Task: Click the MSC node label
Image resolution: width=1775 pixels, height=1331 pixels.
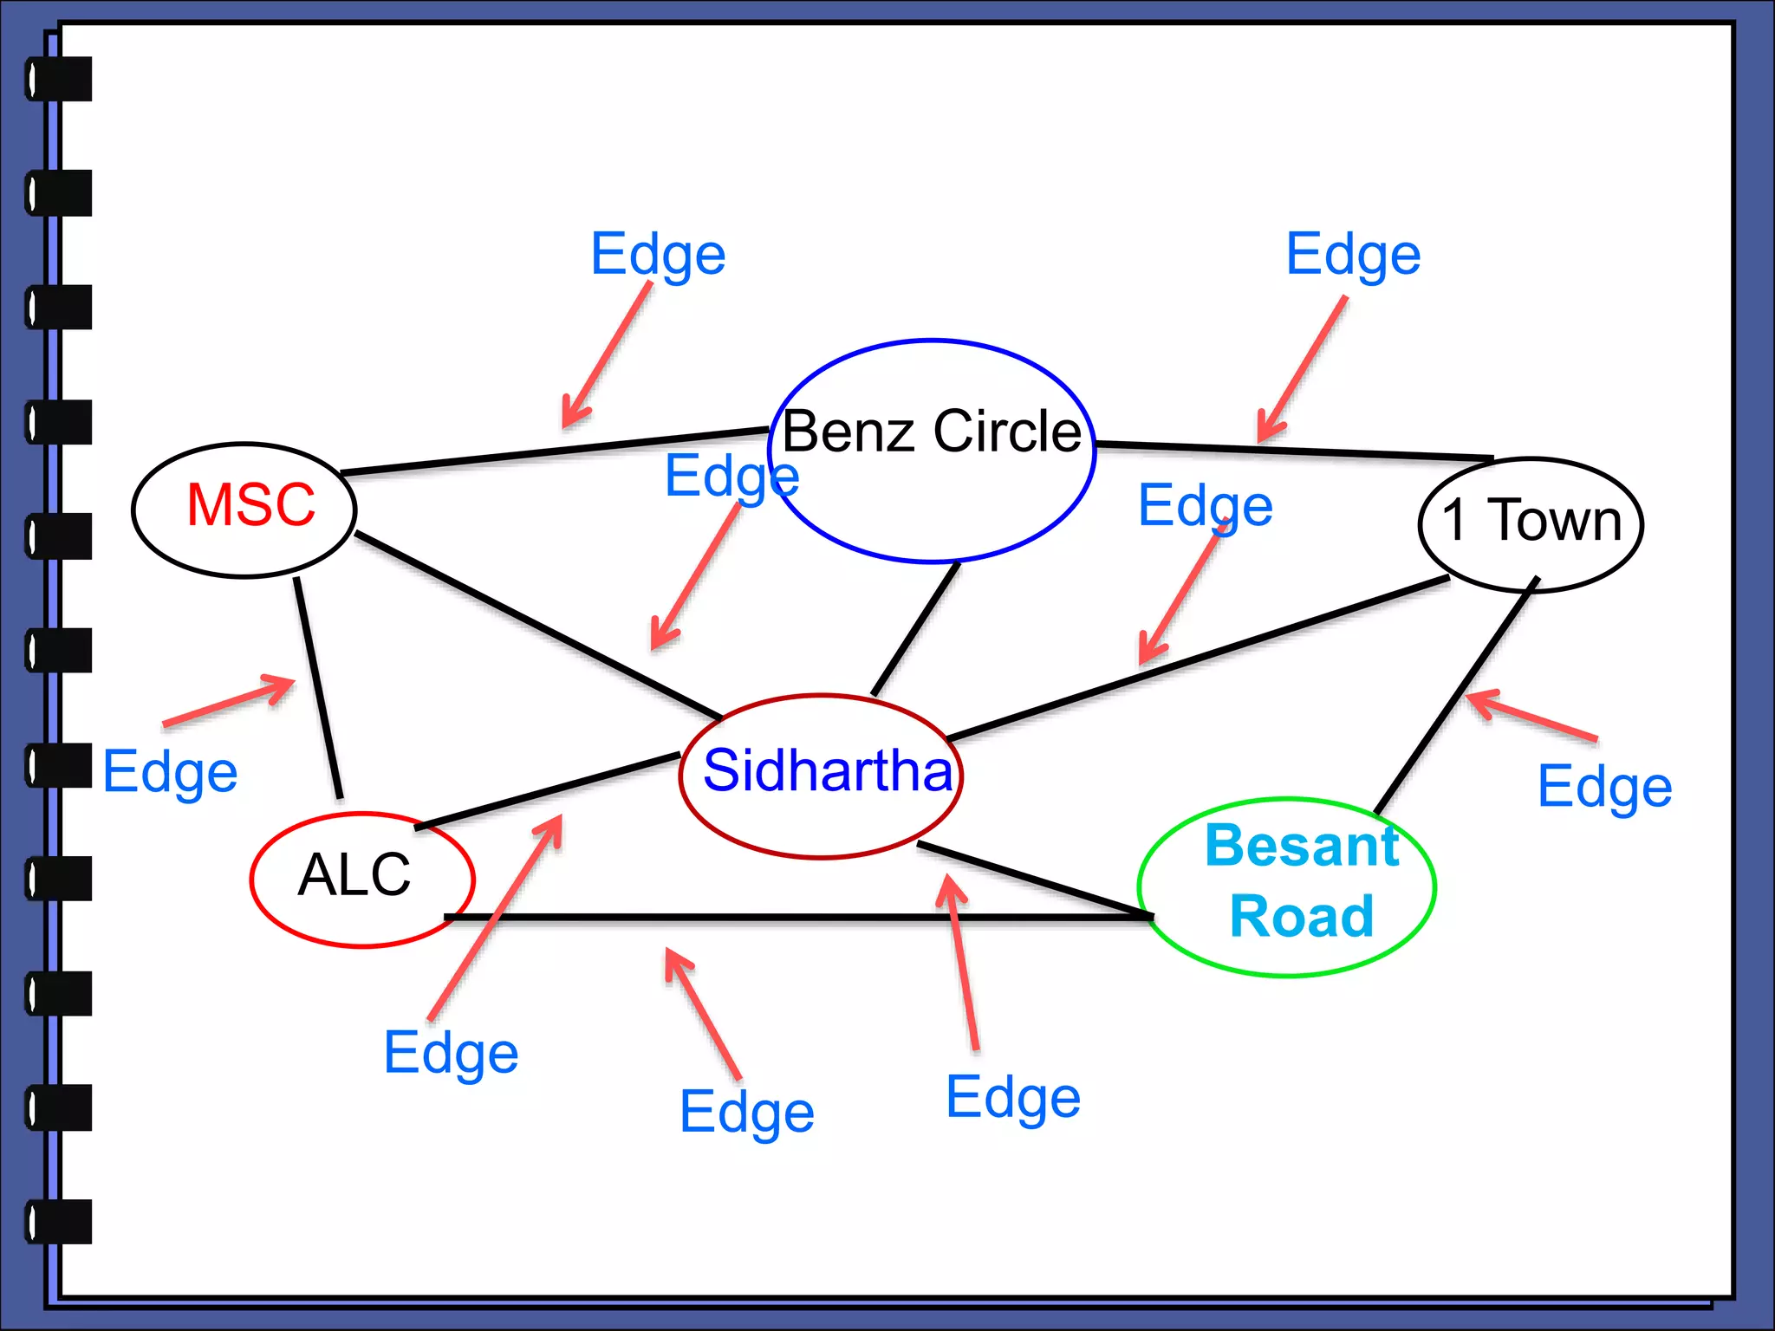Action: [x=250, y=504]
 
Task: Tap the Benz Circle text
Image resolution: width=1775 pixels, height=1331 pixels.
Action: [x=932, y=431]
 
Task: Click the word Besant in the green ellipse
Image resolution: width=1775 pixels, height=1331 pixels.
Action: [x=1302, y=845]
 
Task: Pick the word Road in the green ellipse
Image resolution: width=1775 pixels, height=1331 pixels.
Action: [x=1302, y=916]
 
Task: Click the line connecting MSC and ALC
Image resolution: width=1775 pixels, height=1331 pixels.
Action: [x=318, y=689]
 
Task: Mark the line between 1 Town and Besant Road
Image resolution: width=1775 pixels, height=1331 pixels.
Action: [x=1456, y=698]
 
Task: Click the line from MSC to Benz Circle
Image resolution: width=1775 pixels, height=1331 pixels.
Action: [x=555, y=451]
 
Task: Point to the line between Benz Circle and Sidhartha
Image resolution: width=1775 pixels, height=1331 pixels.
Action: [x=916, y=628]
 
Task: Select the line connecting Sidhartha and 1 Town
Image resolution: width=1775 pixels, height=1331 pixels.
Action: [x=1196, y=659]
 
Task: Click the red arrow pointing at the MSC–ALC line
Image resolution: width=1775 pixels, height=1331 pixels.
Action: [x=230, y=700]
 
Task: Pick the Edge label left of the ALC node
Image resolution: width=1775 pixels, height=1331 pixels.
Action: [x=170, y=771]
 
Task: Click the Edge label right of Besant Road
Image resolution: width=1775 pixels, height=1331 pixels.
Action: [x=1604, y=786]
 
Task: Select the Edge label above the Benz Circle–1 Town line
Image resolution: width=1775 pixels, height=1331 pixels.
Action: [x=1353, y=254]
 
